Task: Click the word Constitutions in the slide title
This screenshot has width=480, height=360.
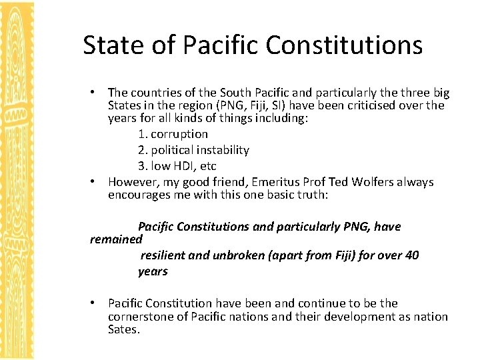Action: coord(344,45)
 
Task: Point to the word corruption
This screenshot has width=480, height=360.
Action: coord(179,134)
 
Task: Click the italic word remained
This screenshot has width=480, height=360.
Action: coord(116,238)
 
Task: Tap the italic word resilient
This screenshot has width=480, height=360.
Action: coord(165,255)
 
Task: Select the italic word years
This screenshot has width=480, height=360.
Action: coord(153,271)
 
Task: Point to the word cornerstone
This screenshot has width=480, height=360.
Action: coord(143,317)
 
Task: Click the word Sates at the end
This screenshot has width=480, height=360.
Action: coord(123,329)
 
